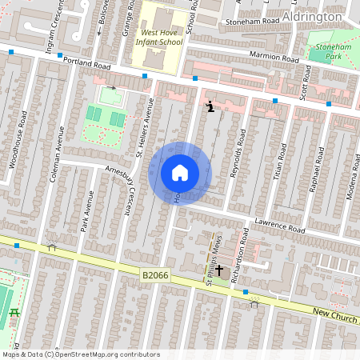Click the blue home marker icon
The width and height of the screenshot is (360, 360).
click(180, 173)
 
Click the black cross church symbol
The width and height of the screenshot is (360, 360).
click(218, 272)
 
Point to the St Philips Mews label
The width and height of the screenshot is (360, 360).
click(214, 260)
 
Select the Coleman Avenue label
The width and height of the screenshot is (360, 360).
click(55, 152)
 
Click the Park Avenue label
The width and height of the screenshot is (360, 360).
click(84, 211)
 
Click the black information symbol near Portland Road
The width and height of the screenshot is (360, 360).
click(210, 106)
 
